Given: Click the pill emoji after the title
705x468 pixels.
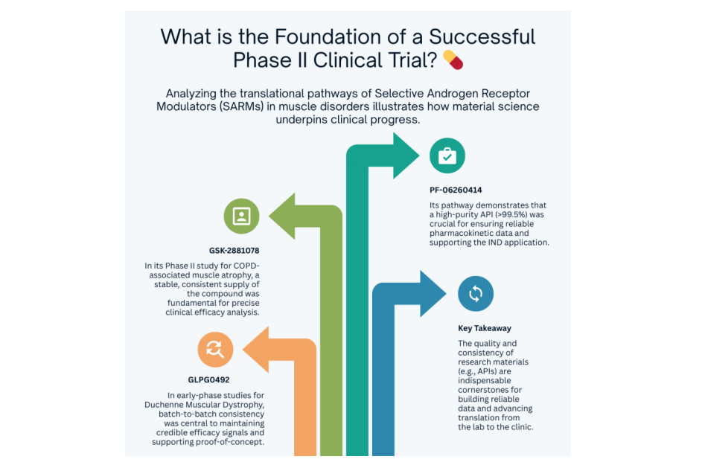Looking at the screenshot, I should tap(453, 60).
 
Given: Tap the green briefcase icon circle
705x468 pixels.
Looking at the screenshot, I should tap(447, 156).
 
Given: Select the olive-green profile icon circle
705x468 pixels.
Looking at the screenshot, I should tap(241, 216).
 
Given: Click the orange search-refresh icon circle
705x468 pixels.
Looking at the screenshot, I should tap(215, 349).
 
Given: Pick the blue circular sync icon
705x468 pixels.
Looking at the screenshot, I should tap(475, 294).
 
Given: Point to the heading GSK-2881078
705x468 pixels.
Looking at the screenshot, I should tap(234, 251).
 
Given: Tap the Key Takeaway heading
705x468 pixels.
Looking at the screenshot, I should tap(484, 327).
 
